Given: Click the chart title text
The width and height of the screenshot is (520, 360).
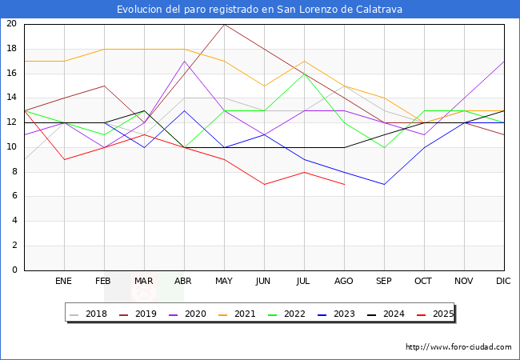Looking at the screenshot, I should [259, 10].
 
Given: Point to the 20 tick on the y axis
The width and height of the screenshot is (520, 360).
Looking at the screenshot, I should [11, 24].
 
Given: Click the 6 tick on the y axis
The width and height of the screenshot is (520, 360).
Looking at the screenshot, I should [14, 196].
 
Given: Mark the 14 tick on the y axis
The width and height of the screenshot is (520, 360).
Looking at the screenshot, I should [11, 98].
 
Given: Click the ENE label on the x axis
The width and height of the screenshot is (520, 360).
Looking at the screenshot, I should [64, 282].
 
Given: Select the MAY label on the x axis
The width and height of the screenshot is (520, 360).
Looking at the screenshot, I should [224, 282].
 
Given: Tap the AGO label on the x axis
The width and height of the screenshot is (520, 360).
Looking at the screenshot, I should [344, 282].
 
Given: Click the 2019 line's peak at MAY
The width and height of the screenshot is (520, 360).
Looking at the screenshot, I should [224, 24].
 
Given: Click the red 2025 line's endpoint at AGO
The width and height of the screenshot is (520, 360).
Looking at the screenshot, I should [344, 184].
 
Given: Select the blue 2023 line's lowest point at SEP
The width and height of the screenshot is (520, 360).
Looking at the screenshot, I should [384, 184].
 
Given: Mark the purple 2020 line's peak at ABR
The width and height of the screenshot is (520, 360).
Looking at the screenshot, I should [184, 61].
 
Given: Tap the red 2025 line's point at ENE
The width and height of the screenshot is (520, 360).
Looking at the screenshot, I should [64, 159].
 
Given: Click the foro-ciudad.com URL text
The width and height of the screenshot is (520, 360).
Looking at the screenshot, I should [458, 347].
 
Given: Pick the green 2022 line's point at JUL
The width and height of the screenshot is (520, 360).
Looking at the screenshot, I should [304, 74].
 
